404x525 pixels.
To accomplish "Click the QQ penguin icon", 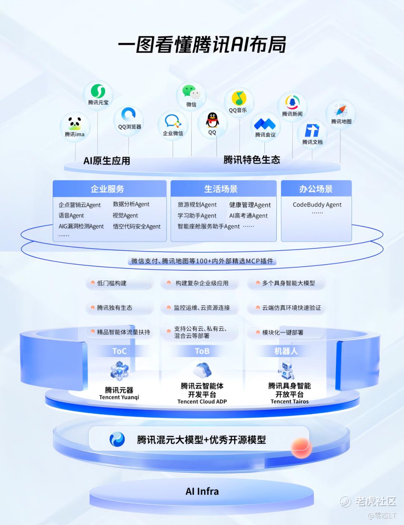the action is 212,120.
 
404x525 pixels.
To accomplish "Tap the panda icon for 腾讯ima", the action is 74,124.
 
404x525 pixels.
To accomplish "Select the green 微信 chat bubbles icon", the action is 192,92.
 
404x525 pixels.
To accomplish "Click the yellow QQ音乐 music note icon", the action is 239,98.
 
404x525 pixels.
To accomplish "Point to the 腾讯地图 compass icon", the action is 341,110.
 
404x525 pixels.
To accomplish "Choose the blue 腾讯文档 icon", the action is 312,130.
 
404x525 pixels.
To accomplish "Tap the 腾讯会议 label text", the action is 265,134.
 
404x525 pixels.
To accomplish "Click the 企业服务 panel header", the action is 110,189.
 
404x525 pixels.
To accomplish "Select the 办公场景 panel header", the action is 316,189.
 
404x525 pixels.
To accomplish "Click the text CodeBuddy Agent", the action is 317,205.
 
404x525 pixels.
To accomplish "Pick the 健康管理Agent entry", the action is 250,205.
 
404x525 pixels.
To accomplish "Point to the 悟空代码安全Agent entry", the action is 137,226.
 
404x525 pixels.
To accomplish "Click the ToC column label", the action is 119,351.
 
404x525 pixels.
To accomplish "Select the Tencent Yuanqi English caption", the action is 119,397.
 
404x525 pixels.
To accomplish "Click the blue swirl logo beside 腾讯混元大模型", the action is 117,439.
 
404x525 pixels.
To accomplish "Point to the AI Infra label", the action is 202,491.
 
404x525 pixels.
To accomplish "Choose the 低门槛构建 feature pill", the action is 119,283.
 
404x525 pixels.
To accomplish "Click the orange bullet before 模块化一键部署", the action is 258,332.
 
